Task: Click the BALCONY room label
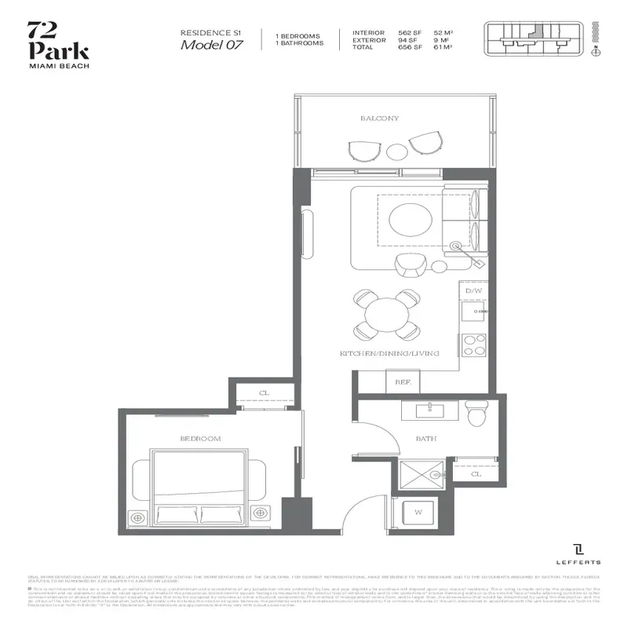379,119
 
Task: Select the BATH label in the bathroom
426,439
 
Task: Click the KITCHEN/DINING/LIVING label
389,355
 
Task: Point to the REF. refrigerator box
403,382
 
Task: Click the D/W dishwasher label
473,290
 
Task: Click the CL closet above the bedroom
265,395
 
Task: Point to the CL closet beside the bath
476,474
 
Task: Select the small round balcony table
398,150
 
